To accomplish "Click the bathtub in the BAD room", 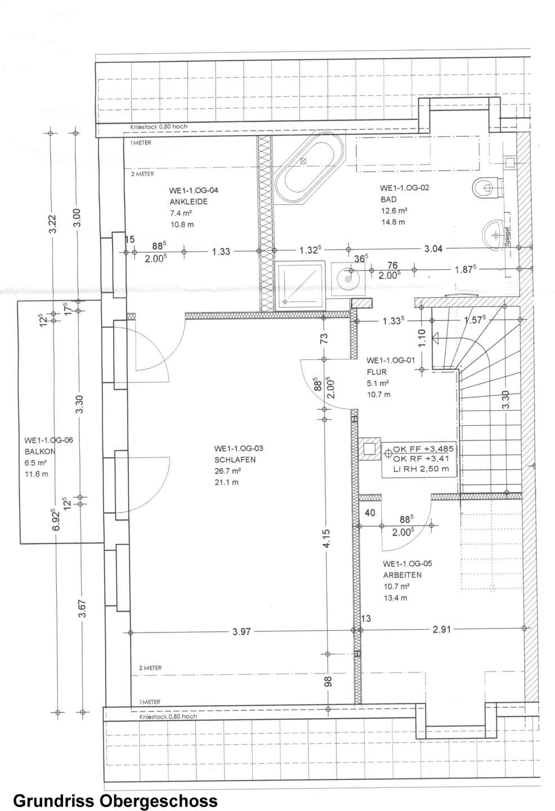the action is pos(310,171).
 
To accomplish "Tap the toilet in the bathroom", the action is pos(489,188).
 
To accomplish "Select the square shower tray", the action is pos(299,286).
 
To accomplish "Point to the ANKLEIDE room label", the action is pos(189,202).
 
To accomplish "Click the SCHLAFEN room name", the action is pos(235,460).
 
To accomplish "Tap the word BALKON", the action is pos(40,452).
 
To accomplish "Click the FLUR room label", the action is pos(377,372).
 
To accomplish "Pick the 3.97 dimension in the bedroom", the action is pos(241,632).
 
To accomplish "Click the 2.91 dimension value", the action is pos(442,629).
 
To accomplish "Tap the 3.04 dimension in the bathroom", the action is pos(433,249).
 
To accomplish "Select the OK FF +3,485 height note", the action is pos(423,449).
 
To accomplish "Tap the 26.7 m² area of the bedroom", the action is pos(227,471).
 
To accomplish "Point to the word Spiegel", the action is pos(508,237).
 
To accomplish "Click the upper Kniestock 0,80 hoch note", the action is pos(159,127).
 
